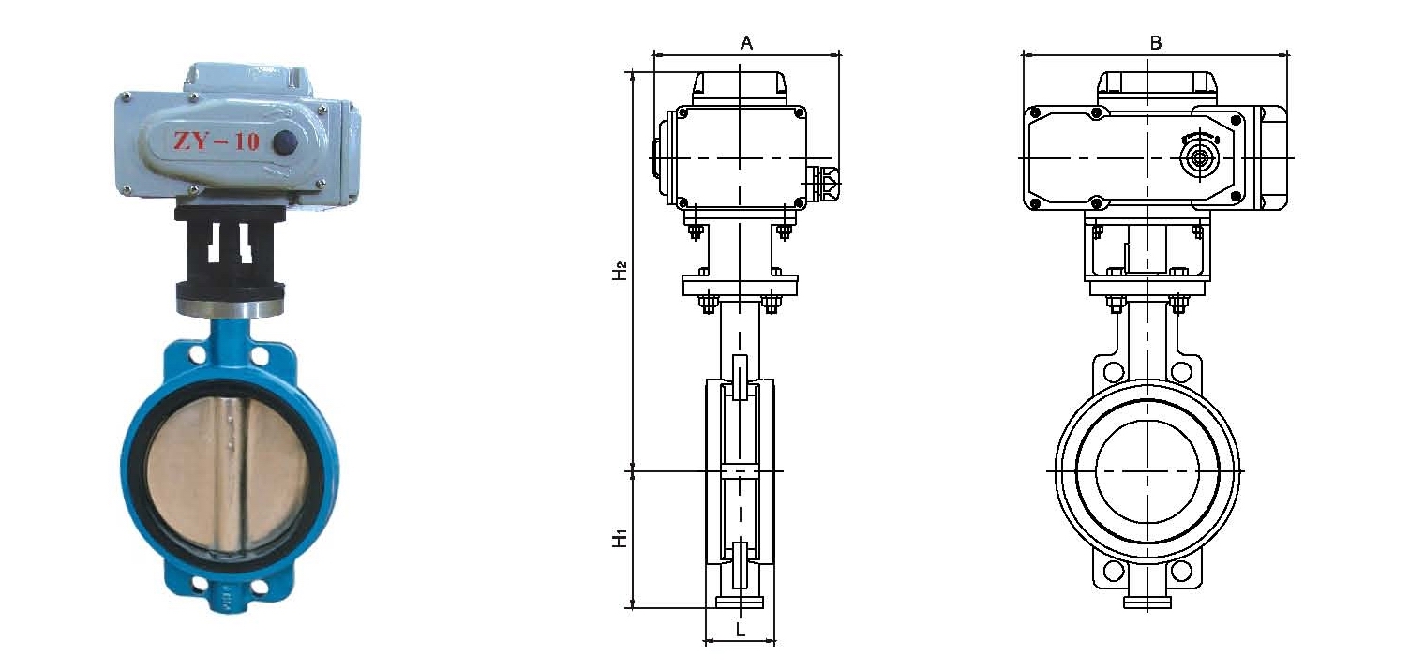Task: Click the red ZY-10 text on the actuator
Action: [x=217, y=141]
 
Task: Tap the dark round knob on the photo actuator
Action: [x=284, y=141]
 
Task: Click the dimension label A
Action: [x=746, y=43]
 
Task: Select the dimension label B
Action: [x=1156, y=43]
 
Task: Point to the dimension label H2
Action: [x=620, y=270]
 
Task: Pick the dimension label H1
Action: [x=620, y=538]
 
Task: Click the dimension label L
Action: [x=741, y=630]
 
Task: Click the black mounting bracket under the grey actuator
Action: [x=231, y=253]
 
